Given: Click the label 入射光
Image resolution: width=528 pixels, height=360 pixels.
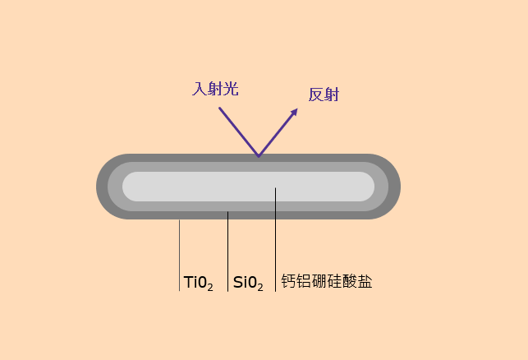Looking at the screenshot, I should tap(215, 89).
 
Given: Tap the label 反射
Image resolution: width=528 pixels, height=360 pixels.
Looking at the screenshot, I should tap(324, 95).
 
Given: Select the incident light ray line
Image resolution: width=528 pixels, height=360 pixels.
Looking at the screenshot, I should tap(238, 131).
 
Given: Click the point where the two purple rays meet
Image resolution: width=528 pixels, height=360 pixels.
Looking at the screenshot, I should tap(259, 155).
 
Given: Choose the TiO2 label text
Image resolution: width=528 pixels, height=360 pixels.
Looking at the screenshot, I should tap(198, 283).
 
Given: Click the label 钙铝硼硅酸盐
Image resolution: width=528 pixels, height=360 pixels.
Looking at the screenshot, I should tap(326, 281).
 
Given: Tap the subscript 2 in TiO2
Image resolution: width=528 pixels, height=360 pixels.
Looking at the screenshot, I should tap(210, 287).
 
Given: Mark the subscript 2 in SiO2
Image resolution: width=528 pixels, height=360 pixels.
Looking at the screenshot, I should tap(260, 287).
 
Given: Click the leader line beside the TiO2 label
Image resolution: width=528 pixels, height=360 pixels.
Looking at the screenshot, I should tap(179, 255).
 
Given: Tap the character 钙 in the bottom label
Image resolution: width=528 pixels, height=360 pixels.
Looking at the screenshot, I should tap(288, 281).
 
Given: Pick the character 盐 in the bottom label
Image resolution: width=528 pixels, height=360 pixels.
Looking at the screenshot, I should tap(365, 281).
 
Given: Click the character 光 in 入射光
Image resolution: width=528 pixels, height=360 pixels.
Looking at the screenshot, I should tap(231, 89).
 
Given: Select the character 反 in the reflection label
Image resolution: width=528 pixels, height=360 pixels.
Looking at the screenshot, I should tap(316, 95).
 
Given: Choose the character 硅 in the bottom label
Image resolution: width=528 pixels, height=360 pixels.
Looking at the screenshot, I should tap(334, 281).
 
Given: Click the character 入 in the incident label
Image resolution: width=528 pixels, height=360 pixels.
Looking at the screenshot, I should tap(200, 89).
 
